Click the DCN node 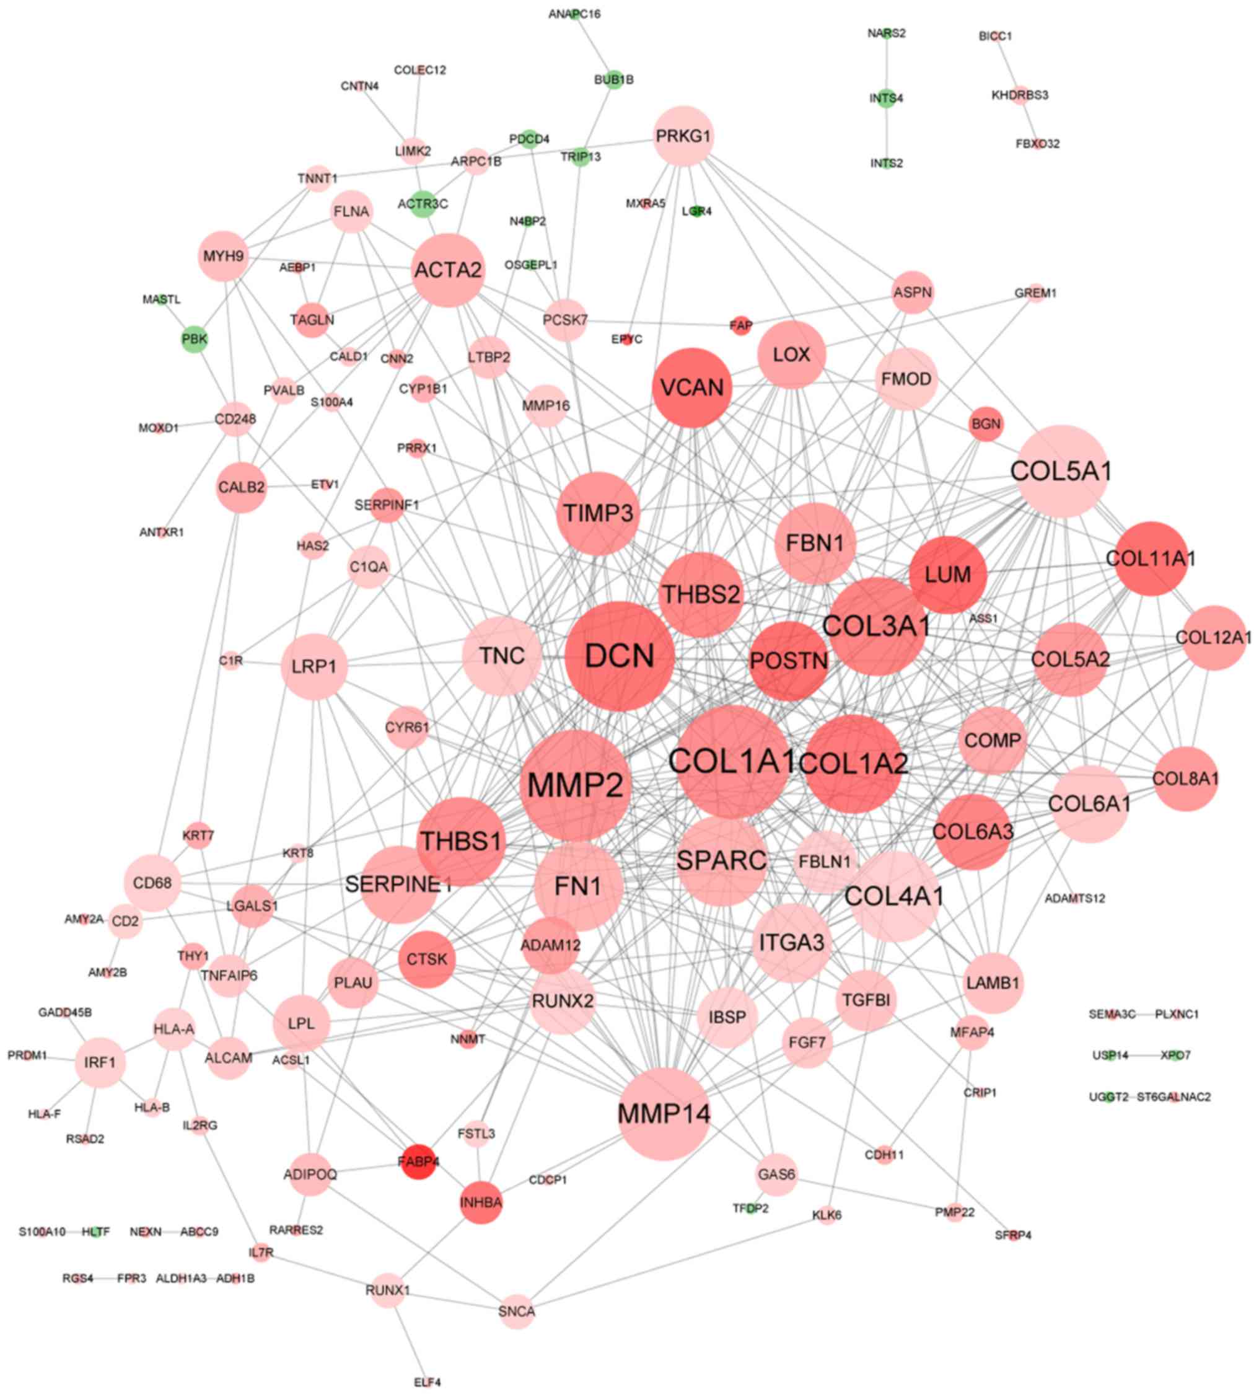[619, 655]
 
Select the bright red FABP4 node [418, 1161]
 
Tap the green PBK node [195, 339]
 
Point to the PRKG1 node [683, 136]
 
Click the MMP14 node [664, 1113]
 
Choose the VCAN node [691, 387]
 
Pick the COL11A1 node [1151, 558]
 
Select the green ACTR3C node [423, 203]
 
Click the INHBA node [481, 1202]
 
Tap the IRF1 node [100, 1062]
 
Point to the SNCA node [517, 1311]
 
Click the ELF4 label [428, 1383]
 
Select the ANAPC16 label [574, 14]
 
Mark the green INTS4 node [886, 99]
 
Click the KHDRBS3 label [1020, 95]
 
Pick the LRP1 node [314, 667]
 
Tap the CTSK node [427, 959]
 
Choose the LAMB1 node [993, 982]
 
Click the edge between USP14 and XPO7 [1144, 1055]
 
